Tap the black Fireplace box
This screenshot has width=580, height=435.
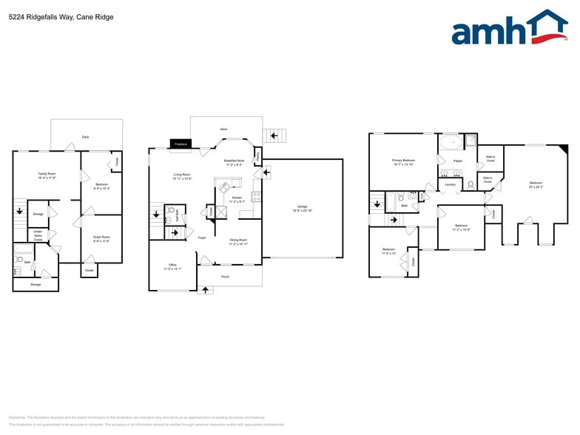tap(180, 144)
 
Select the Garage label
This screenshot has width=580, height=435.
tap(302, 206)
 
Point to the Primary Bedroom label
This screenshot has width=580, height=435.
tap(403, 160)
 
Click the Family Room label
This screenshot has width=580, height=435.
tap(47, 174)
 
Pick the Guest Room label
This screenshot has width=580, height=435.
tap(101, 237)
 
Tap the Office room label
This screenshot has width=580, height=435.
tap(172, 265)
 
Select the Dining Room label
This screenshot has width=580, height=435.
tap(238, 240)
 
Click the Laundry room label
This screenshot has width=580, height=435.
tap(450, 184)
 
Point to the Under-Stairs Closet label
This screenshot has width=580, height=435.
tap(38, 235)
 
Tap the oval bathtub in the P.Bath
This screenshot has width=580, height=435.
tap(449, 142)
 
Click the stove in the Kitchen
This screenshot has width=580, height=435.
tap(256, 197)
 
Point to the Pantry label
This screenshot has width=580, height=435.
tap(257, 157)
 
